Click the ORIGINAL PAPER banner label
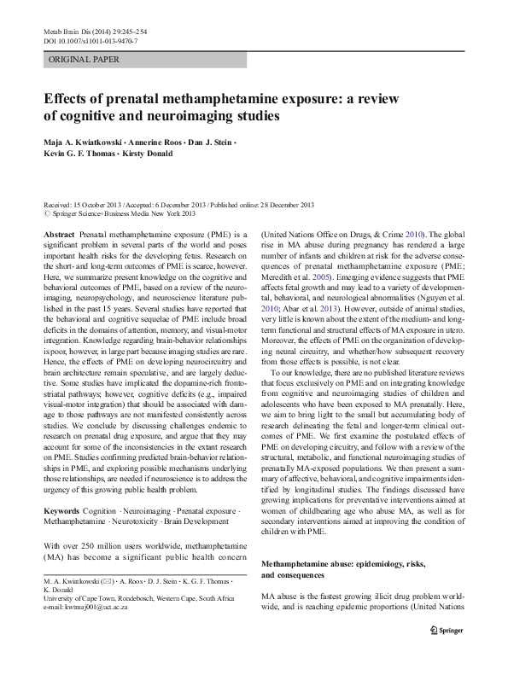click(x=84, y=60)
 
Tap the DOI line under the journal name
click(x=90, y=40)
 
